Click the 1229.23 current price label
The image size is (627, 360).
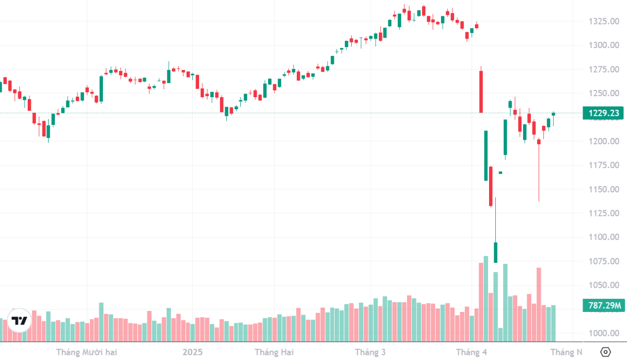click(604, 113)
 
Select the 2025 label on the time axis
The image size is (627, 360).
click(192, 352)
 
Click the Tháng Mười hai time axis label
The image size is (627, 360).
click(87, 352)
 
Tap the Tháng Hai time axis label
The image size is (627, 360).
click(274, 352)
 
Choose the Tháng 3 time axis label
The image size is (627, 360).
click(370, 352)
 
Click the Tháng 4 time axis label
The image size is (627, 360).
click(471, 352)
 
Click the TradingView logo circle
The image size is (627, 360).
click(19, 321)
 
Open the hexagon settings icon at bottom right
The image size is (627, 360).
click(605, 352)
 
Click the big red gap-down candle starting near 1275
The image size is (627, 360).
click(481, 91)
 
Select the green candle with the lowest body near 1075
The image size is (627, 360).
click(496, 252)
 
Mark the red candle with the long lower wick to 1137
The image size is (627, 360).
click(539, 142)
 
